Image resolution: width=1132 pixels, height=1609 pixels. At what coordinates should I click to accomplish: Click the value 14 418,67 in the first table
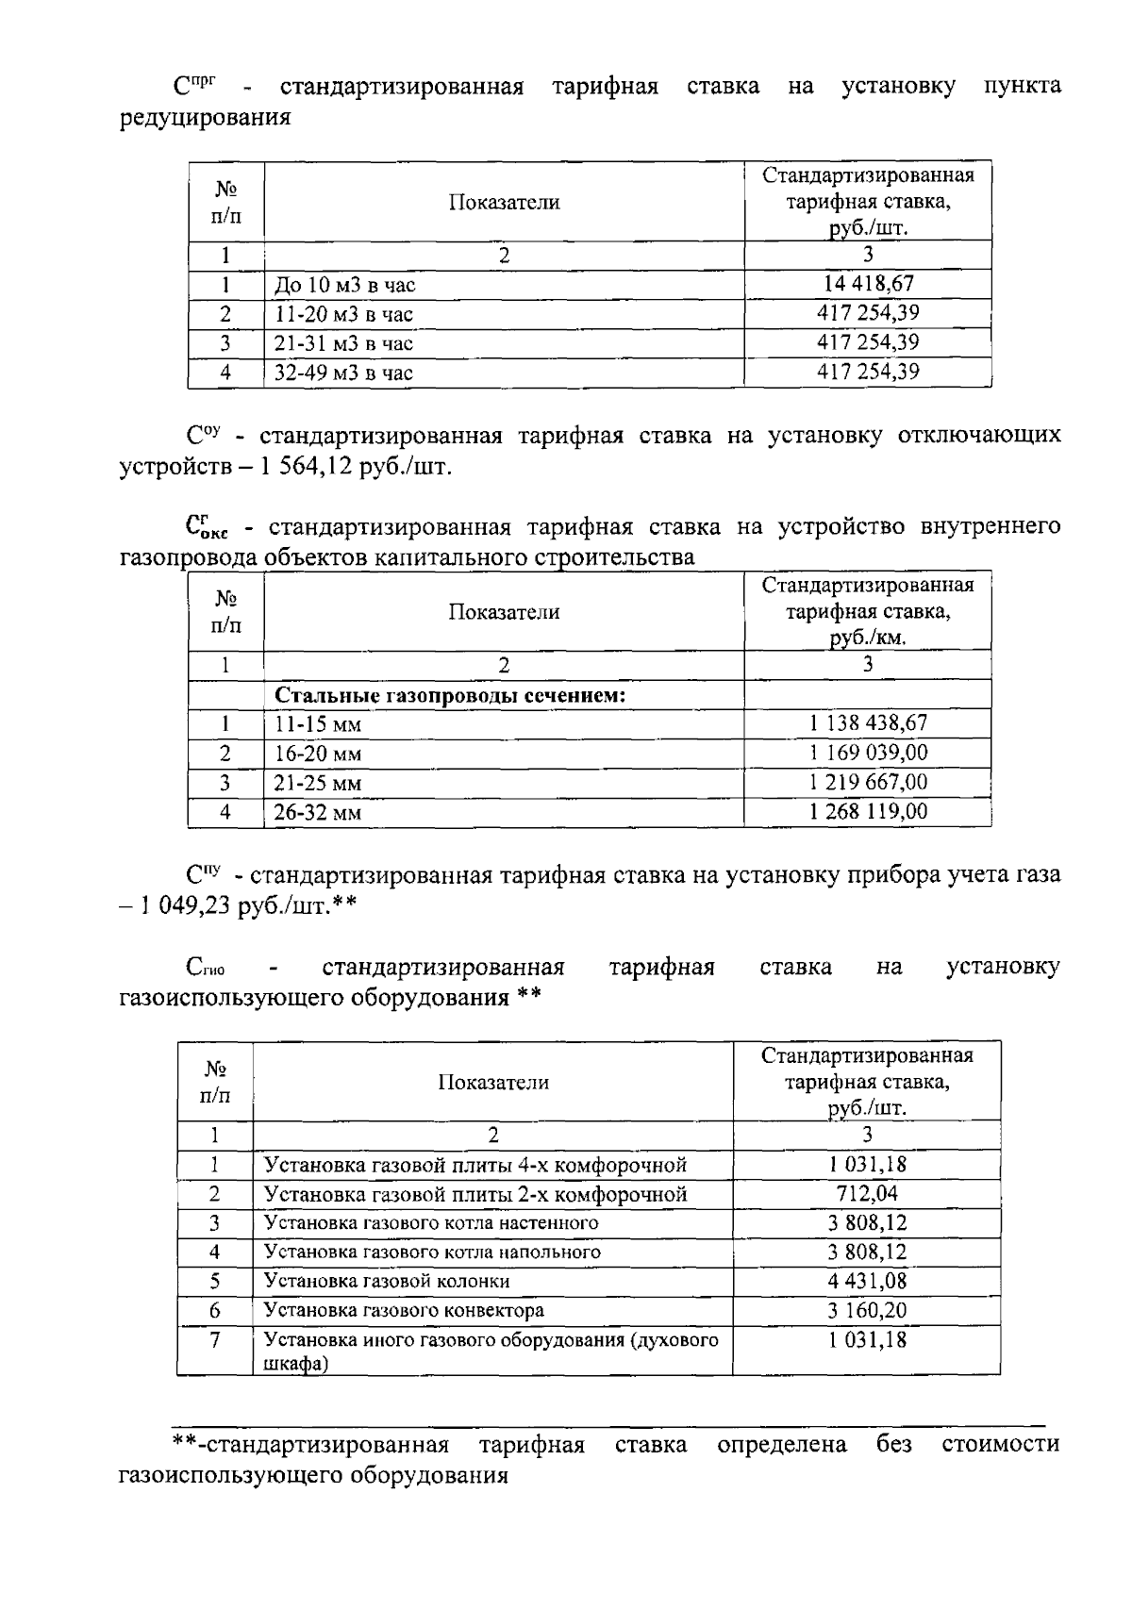coord(867,283)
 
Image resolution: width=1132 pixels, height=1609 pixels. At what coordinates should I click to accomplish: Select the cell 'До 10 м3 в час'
coord(344,285)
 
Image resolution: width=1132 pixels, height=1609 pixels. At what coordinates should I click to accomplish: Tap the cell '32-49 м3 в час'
coord(343,373)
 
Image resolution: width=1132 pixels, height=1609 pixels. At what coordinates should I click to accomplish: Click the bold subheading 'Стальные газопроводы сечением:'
coord(451,695)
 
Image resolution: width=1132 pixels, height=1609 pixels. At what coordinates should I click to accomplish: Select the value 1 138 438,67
coord(868,722)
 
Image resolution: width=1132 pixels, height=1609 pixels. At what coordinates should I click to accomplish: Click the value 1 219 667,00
coord(868,782)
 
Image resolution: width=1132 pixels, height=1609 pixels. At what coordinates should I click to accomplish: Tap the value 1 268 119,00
coord(868,811)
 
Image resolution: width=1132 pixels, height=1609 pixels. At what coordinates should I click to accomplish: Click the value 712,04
coord(867,1193)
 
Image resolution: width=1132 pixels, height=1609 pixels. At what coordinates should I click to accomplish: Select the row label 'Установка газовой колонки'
coord(387,1281)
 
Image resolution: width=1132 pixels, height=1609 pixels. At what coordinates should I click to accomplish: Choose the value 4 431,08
coord(867,1281)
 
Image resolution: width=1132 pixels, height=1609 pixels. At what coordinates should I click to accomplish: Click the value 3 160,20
coord(867,1310)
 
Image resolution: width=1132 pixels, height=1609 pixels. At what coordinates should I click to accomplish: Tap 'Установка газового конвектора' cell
coord(404,1310)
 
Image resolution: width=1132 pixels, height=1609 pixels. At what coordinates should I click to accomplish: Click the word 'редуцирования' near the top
coord(205,118)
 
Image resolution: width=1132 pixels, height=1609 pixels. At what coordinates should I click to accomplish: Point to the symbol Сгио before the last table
coord(205,968)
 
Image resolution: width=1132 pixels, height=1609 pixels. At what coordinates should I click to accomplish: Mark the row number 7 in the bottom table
coord(215,1339)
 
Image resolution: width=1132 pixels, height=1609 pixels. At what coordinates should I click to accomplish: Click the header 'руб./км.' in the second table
coord(867,638)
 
